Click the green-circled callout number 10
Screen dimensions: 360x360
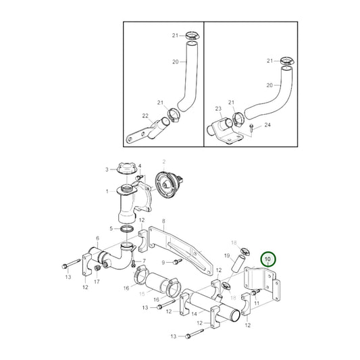268,259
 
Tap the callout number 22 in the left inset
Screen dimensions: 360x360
145,116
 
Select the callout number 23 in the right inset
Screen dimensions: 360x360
218,108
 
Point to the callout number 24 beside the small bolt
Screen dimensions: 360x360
267,126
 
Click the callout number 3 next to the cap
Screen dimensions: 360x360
106,169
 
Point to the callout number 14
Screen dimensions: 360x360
194,313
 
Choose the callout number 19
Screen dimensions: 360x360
227,255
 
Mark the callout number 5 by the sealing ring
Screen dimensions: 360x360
111,230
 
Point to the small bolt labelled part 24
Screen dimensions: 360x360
251,126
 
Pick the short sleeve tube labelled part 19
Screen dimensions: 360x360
238,263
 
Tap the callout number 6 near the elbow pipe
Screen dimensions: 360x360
97,238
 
